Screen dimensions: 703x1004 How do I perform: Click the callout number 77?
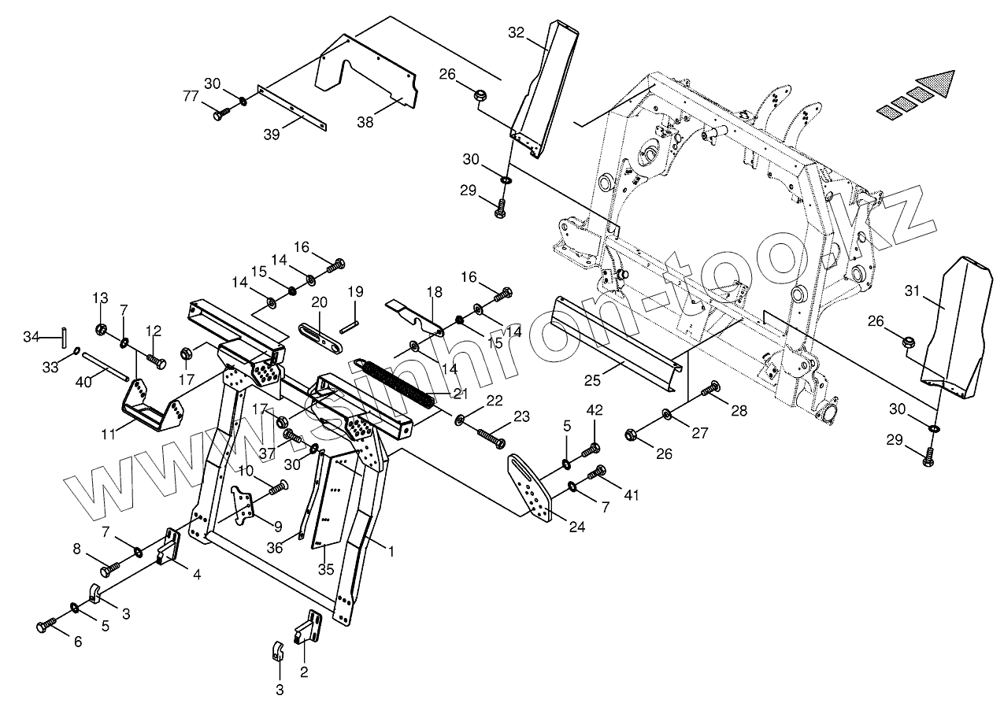pos(190,96)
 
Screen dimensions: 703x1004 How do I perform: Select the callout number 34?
pos(31,338)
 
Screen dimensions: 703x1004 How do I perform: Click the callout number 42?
pos(595,409)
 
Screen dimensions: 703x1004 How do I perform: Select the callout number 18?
pos(435,291)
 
